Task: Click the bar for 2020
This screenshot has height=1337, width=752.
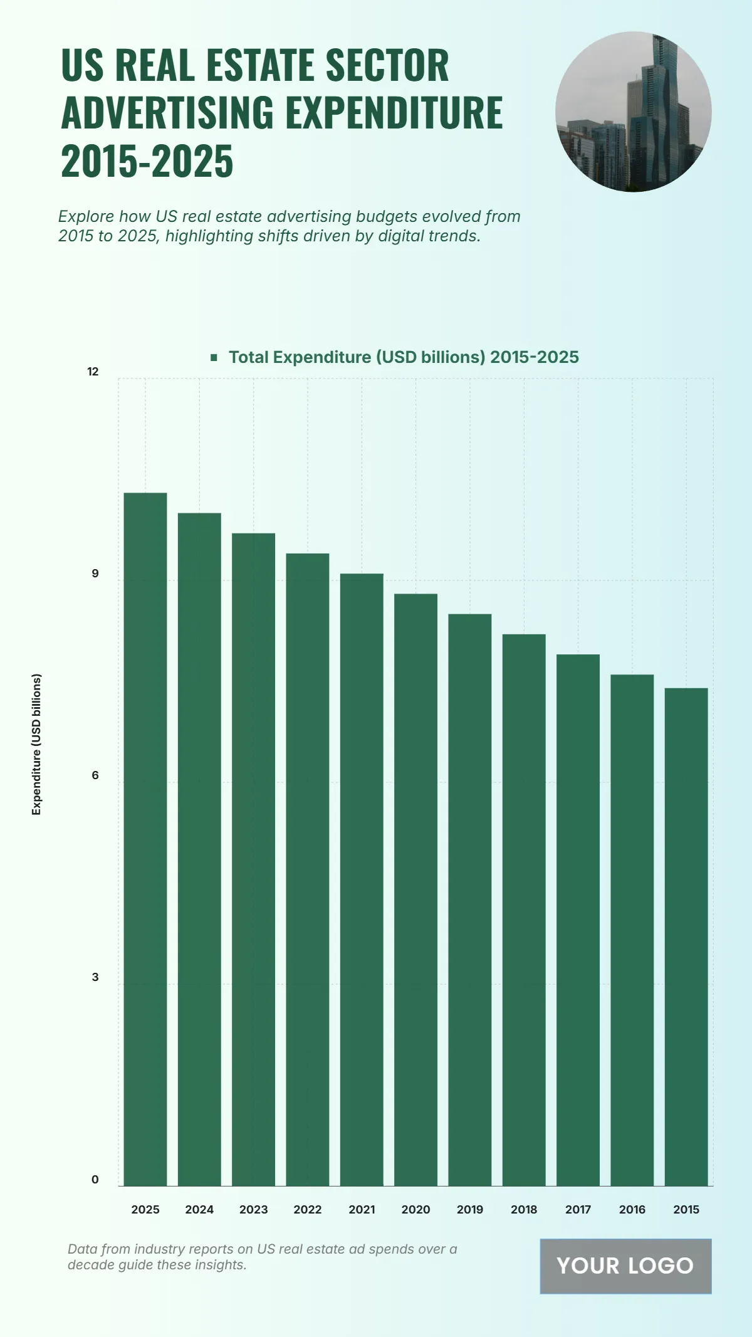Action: point(415,889)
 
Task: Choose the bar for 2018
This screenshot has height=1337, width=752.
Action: point(524,910)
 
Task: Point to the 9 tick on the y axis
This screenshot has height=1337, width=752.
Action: point(95,574)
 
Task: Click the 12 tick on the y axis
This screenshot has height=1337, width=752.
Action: point(93,372)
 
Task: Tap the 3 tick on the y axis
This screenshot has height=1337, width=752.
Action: point(95,977)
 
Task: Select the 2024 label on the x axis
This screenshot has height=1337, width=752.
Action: point(199,1210)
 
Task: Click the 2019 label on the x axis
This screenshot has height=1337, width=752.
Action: point(470,1210)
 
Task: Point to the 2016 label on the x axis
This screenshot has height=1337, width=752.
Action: point(632,1210)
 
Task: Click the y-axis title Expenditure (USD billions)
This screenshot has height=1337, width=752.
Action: point(36,744)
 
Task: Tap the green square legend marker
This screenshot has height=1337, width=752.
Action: point(214,357)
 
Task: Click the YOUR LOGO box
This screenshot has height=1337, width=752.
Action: point(625,1266)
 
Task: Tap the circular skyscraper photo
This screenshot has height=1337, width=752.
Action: point(633,112)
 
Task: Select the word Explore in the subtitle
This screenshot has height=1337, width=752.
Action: point(86,216)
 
